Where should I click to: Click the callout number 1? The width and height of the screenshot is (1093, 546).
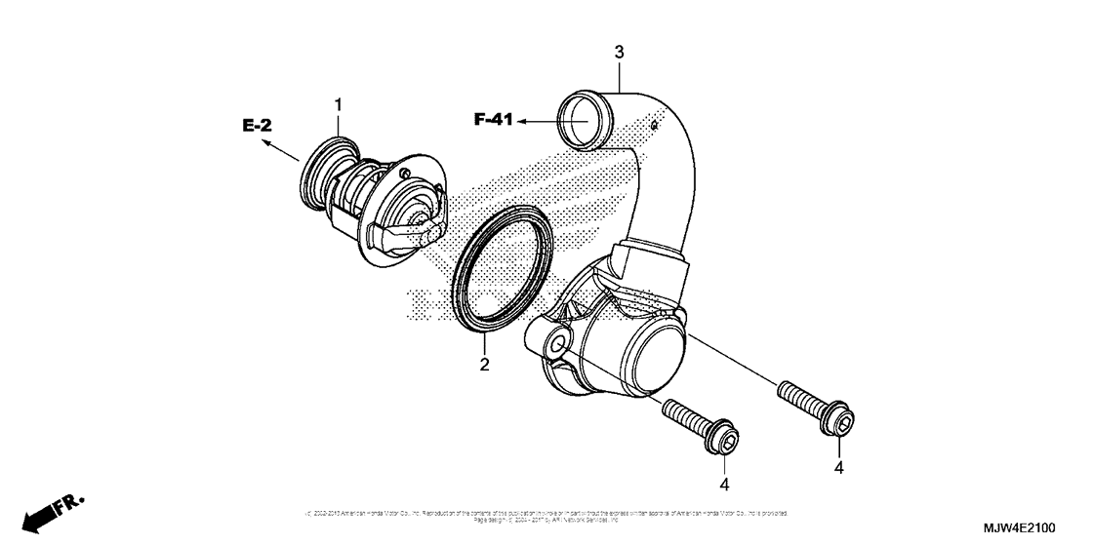point(339,103)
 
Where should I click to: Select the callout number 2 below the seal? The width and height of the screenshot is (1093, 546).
point(484,365)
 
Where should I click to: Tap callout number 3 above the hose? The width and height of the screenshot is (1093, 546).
point(619,52)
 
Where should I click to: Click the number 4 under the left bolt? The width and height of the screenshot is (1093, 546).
point(724,484)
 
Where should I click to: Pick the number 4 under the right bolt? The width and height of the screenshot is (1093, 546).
point(839,467)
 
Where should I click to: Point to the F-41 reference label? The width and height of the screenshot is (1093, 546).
point(494,120)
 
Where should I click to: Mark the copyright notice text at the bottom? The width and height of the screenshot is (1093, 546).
point(546,515)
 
